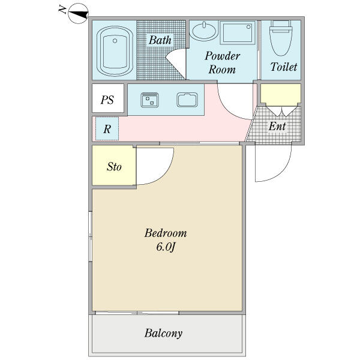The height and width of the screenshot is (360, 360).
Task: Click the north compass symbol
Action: click(x=78, y=13)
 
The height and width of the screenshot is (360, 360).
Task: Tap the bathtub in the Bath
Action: click(x=115, y=51)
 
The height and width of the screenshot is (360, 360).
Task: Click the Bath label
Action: click(x=160, y=40)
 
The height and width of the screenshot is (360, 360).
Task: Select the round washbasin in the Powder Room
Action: click(x=204, y=31)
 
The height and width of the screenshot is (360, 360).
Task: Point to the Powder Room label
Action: click(x=222, y=62)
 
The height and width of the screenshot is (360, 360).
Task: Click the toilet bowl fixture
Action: click(x=281, y=38)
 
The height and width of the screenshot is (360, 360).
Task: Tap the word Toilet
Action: click(x=284, y=67)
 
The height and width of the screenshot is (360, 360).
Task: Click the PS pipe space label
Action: click(x=107, y=100)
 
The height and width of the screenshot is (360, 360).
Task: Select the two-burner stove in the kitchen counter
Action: click(x=149, y=100)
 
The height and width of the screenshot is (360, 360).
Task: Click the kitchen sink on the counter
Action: click(x=187, y=100)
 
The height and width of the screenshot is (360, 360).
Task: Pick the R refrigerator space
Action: click(x=107, y=128)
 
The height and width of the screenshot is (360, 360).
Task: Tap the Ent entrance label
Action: click(x=277, y=126)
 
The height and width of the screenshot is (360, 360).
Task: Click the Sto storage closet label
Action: click(x=114, y=166)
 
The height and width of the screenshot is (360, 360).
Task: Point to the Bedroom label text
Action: click(x=166, y=233)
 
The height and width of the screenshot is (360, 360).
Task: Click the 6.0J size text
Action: click(x=166, y=247)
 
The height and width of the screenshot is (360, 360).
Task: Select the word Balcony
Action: click(x=163, y=333)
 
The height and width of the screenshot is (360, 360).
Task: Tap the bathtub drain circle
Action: click(x=115, y=41)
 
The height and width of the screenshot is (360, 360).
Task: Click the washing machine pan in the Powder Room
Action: click(x=238, y=32)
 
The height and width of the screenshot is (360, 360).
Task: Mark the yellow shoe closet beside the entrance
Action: click(x=281, y=94)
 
